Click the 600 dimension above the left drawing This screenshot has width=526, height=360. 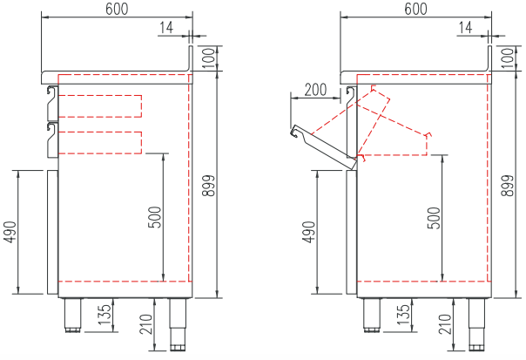click(117, 9)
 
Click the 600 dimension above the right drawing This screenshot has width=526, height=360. click(415, 9)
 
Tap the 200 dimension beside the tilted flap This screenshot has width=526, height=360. click(315, 90)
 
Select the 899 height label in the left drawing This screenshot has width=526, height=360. click(209, 186)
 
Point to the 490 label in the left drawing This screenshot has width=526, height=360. click(10, 232)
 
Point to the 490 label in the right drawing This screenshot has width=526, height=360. click(308, 232)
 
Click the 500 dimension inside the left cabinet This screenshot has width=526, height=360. click(155, 217)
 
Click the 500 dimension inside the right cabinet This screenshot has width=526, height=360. click(435, 218)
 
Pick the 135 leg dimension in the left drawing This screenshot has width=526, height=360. click(105, 315)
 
